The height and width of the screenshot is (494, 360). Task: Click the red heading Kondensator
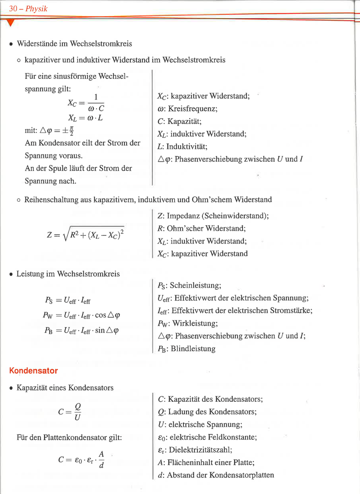[x=33, y=371]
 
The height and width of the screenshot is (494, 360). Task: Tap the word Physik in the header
[x=36, y=9]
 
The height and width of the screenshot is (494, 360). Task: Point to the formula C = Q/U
[x=70, y=411]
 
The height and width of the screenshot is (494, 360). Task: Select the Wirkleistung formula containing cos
[x=81, y=315]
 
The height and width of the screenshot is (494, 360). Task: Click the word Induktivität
[x=187, y=147]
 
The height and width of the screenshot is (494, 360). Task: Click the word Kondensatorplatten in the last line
[x=242, y=475]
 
